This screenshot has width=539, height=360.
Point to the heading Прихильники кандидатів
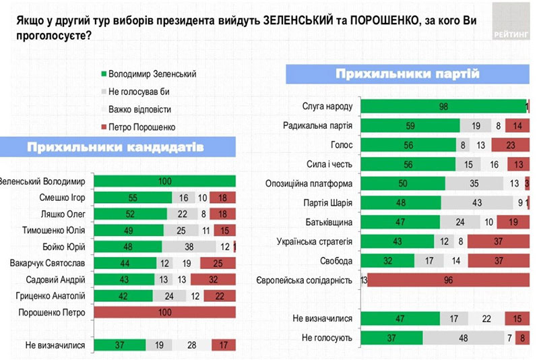click(x=115, y=147)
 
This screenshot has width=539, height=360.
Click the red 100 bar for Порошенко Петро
click(x=164, y=312)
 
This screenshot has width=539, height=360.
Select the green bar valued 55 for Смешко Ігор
click(x=133, y=197)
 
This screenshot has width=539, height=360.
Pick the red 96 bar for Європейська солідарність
click(x=447, y=280)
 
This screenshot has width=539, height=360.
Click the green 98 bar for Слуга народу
click(x=443, y=105)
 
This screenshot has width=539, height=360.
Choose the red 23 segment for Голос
click(x=510, y=144)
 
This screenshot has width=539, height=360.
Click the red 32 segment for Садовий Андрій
click(x=212, y=279)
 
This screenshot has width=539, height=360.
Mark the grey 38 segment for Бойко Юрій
click(x=189, y=246)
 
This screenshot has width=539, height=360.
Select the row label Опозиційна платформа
click(x=311, y=183)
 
